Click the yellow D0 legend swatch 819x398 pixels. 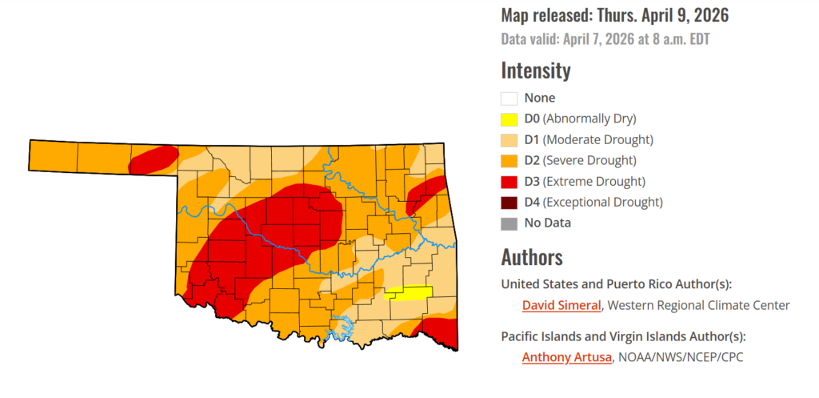(x=509, y=119)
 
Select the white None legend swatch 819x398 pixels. (x=509, y=98)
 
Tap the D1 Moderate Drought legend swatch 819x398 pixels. (x=509, y=140)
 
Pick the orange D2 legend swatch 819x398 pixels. (x=509, y=161)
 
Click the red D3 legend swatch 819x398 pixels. (x=509, y=182)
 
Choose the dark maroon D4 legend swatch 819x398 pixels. (x=509, y=203)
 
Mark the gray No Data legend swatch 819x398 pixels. (x=509, y=223)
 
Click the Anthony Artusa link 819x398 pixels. (x=565, y=357)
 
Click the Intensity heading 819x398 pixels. (x=536, y=70)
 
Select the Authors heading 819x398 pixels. (x=532, y=257)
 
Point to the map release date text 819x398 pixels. (x=614, y=15)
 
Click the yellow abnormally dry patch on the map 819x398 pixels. (x=409, y=292)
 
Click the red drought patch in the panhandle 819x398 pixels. (x=153, y=159)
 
